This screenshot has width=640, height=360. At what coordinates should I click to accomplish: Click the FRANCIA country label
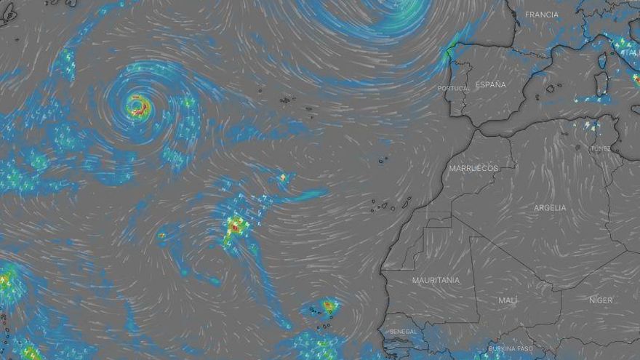(x=542, y=15)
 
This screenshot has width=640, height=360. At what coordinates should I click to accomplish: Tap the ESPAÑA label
(x=490, y=85)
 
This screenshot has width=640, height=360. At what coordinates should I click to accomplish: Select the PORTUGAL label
(x=454, y=89)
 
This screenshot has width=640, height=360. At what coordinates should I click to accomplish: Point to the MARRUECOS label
(x=473, y=168)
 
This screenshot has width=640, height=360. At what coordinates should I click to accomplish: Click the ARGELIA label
(x=550, y=208)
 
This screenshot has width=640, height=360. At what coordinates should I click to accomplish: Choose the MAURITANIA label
(x=436, y=280)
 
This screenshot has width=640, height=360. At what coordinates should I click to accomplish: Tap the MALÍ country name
(x=508, y=300)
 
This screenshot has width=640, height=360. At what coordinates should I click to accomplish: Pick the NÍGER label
(x=601, y=300)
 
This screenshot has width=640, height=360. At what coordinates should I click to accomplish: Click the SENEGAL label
(x=404, y=332)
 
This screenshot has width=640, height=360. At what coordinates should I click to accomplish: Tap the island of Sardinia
(x=601, y=84)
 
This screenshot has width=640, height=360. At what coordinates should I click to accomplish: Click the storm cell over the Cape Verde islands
(x=329, y=306)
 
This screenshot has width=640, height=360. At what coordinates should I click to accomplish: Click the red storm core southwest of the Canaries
(x=235, y=226)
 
